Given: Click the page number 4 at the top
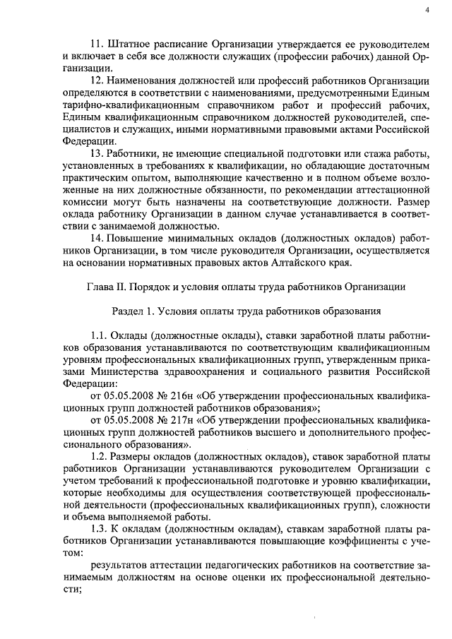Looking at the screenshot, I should (427, 9).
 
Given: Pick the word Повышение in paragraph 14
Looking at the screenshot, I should (135, 239).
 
